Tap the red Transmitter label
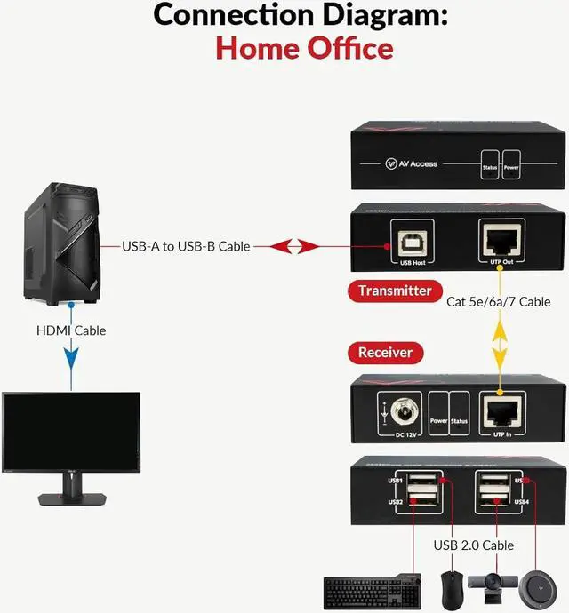click(x=395, y=291)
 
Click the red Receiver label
click(x=385, y=352)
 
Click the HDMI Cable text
click(x=71, y=330)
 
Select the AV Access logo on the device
click(x=412, y=163)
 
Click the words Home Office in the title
click(x=304, y=47)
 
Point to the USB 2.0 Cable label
click(x=472, y=545)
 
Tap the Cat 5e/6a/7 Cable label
click(x=499, y=301)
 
